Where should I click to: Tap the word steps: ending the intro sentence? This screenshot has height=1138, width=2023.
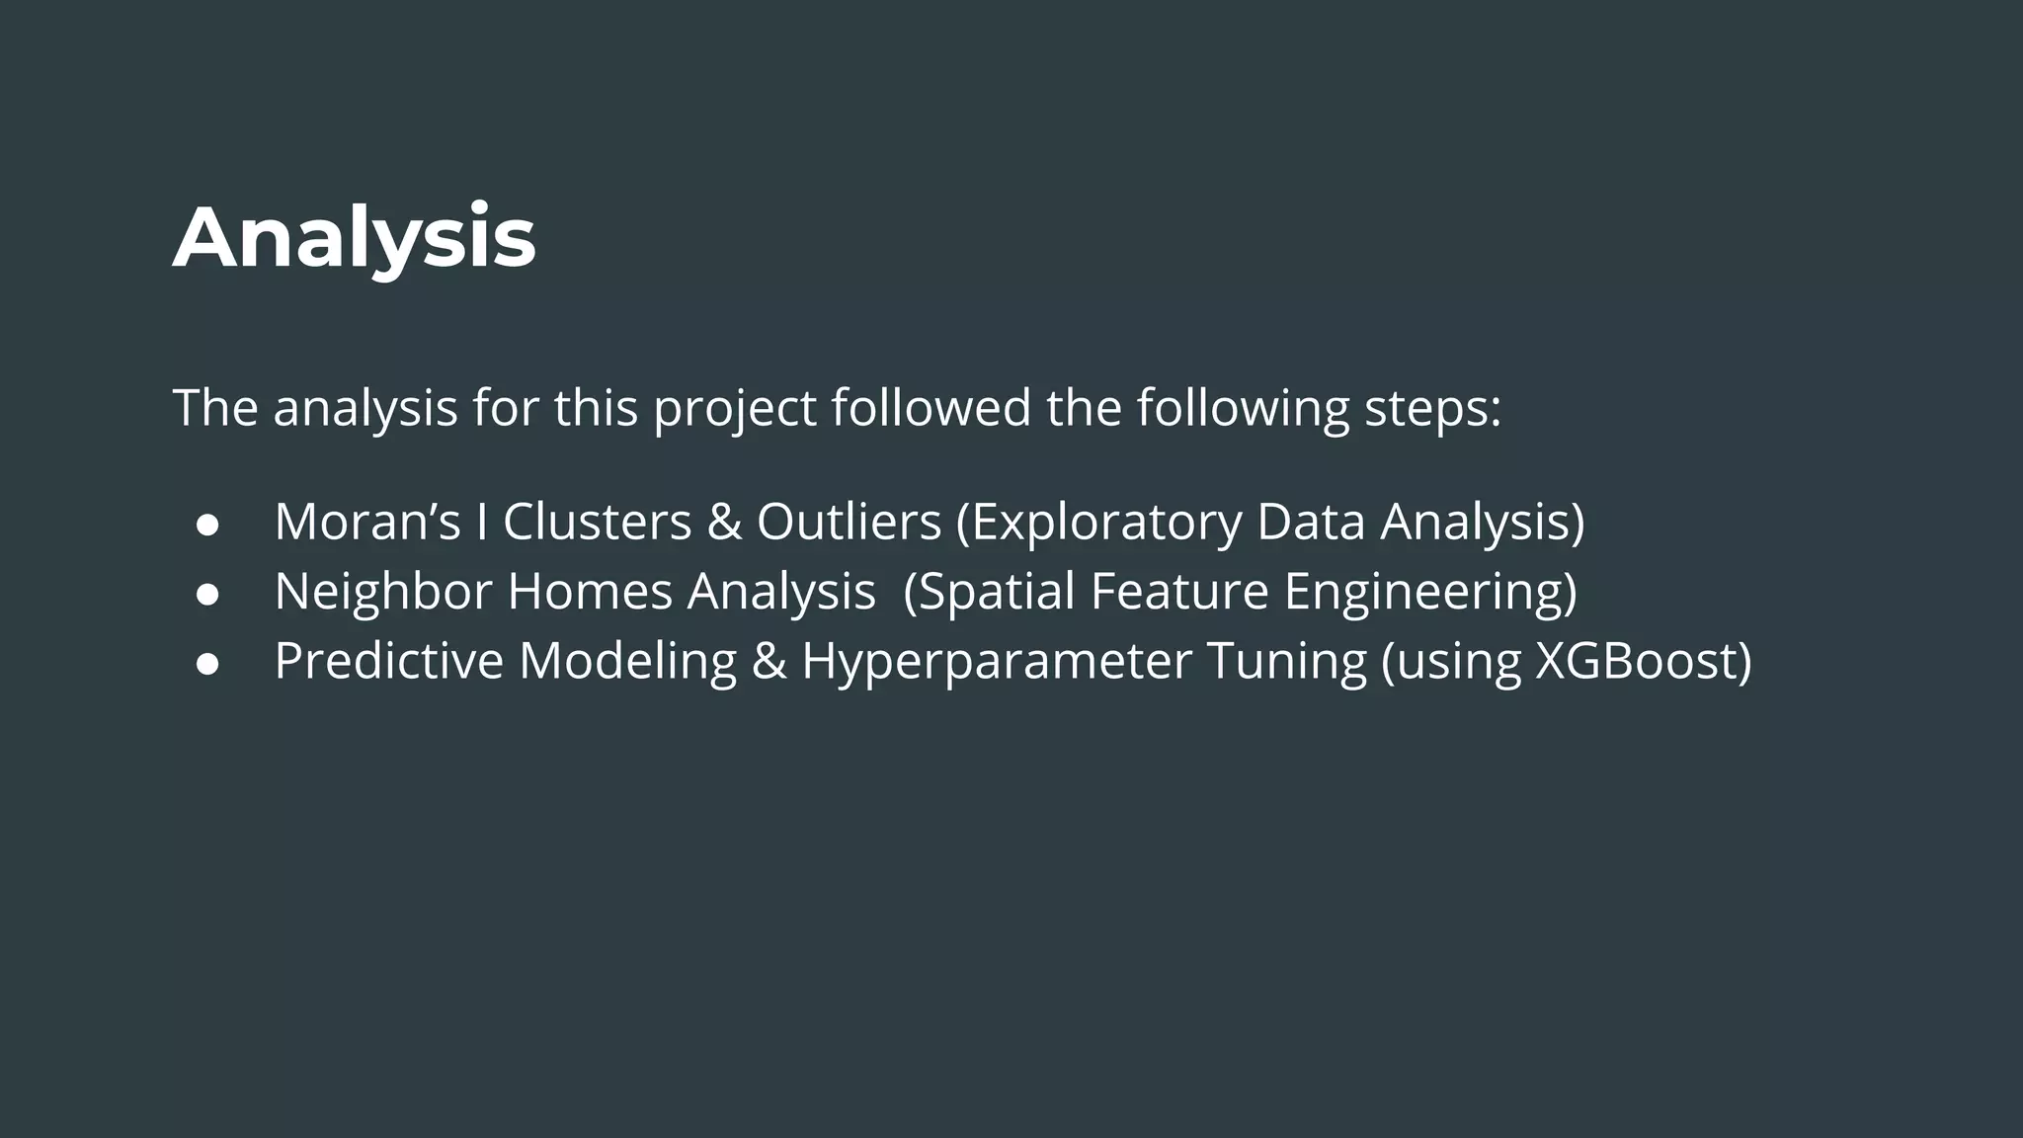click(x=1432, y=408)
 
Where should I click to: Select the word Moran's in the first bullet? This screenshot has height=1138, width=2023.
click(x=367, y=522)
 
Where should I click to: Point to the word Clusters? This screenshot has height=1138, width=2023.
click(x=597, y=522)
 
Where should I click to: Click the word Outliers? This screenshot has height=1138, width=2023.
click(x=849, y=522)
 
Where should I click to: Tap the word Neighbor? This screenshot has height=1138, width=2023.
click(x=382, y=591)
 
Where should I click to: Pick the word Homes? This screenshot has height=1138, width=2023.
click(x=590, y=591)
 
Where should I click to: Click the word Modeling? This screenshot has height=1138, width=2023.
click(x=627, y=660)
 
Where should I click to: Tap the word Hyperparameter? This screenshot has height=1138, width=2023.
click(x=996, y=660)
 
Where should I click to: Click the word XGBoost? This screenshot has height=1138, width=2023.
click(x=1636, y=660)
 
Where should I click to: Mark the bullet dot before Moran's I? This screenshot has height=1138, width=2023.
click(x=207, y=524)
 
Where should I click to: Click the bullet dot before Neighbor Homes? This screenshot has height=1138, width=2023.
click(x=207, y=593)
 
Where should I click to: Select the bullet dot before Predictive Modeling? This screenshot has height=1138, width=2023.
click(x=207, y=662)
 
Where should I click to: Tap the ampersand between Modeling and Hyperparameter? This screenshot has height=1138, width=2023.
click(x=769, y=660)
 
